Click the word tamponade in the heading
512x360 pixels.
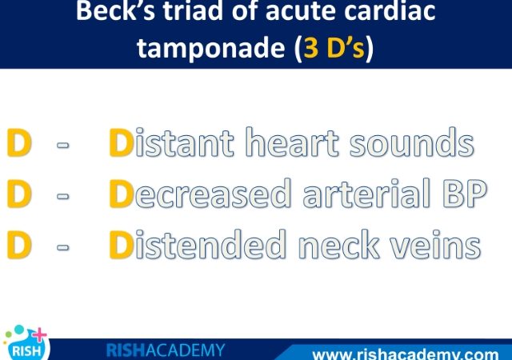tap(211, 48)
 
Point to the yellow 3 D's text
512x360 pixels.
tap(334, 48)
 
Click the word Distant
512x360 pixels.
tap(171, 142)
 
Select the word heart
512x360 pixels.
tap(292, 142)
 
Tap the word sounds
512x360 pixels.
tap(412, 142)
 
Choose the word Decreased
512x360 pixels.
tap(200, 194)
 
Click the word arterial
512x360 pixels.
tap(366, 194)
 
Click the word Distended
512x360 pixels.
tap(198, 244)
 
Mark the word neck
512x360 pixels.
tap(339, 244)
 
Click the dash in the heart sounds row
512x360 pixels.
tap(63, 145)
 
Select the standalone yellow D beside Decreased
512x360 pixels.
tap(19, 194)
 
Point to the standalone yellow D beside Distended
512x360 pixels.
tap(19, 245)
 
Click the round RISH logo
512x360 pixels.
tap(26, 344)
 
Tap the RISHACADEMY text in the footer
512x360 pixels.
tap(166, 350)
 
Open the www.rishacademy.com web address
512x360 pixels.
tap(406, 354)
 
